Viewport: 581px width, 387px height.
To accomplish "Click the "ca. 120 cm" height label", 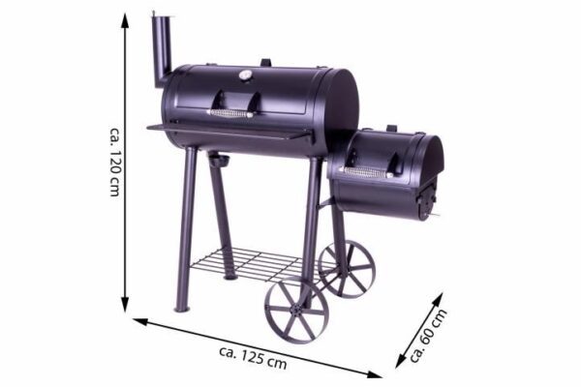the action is point(115,163).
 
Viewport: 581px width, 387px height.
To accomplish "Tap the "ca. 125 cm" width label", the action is point(253,358).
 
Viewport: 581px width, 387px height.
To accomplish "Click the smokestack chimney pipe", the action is point(162,50).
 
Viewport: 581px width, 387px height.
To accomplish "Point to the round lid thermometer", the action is point(244,75).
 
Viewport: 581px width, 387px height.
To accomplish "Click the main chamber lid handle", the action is point(229,113).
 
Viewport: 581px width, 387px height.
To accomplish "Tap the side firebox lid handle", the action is point(367,172).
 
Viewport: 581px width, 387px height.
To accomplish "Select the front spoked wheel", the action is point(296,310).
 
